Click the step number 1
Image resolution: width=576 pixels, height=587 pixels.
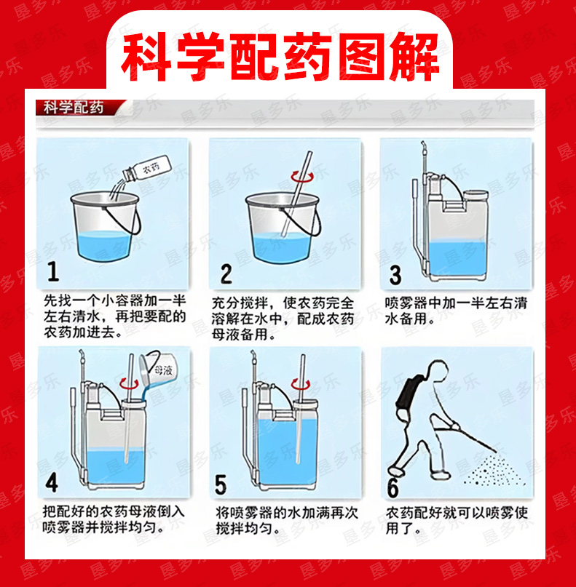click(53, 271)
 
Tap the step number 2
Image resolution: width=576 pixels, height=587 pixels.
click(226, 274)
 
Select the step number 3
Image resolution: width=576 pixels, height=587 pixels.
click(395, 275)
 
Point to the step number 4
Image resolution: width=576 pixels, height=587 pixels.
click(52, 482)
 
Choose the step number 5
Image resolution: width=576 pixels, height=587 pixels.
click(221, 484)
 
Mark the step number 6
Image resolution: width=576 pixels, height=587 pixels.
click(393, 487)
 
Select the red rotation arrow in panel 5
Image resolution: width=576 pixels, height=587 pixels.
click(301, 384)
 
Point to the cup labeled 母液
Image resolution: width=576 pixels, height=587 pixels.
click(156, 369)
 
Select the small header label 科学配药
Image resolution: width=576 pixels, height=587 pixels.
click(73, 108)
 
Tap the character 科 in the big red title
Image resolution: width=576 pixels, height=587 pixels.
click(145, 57)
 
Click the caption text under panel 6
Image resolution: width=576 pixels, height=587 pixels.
click(457, 520)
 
